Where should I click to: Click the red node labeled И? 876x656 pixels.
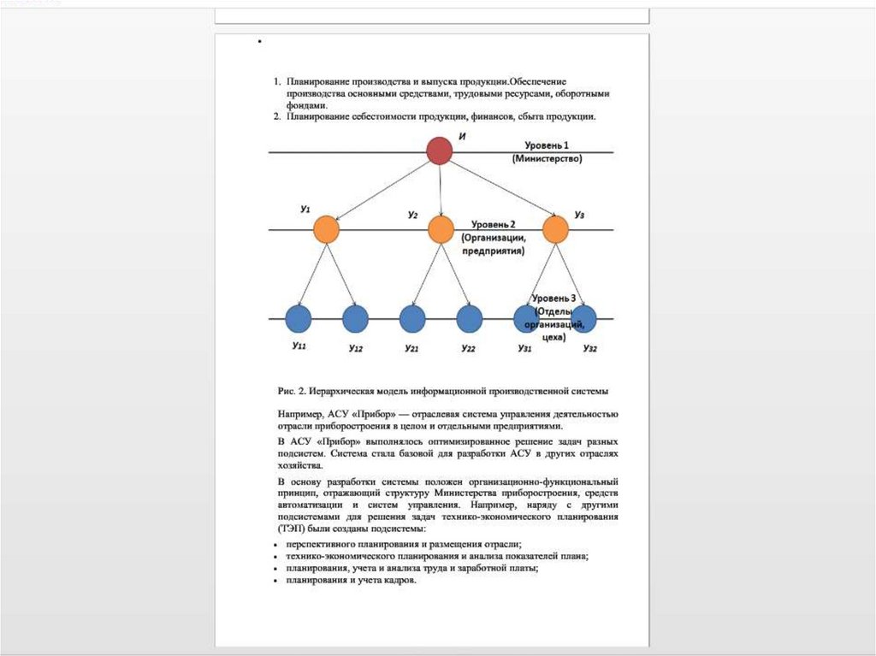click(439, 151)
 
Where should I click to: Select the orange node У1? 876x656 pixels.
click(326, 229)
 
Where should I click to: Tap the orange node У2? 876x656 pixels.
click(440, 229)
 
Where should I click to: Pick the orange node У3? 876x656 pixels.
click(555, 229)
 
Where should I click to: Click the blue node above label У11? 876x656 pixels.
click(299, 319)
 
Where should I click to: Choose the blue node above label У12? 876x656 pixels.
click(355, 319)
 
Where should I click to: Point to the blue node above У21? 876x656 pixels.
click(412, 319)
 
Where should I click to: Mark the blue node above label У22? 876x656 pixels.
click(469, 319)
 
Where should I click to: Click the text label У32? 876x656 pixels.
click(589, 348)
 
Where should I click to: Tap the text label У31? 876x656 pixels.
click(524, 348)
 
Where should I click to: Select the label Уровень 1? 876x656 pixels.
click(547, 146)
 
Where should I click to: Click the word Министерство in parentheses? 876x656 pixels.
click(547, 159)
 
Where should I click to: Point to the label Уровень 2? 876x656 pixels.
click(488, 223)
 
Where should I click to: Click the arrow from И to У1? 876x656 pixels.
click(382, 190)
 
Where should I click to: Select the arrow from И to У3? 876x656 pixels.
click(498, 190)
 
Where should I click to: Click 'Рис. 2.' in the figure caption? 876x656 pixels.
click(292, 390)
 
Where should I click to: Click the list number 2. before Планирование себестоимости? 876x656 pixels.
click(277, 116)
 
